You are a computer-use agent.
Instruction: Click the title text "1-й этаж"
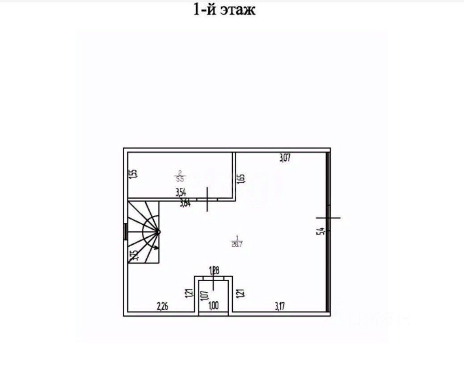224,9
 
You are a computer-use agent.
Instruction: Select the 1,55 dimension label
132,174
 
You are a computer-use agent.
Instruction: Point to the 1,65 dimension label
241,178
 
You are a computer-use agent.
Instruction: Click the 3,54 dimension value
181,192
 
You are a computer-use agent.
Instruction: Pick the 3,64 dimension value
185,204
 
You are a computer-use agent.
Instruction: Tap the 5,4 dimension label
320,231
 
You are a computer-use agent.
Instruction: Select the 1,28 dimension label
215,269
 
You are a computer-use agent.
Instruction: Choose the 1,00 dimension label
214,306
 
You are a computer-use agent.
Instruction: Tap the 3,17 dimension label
280,306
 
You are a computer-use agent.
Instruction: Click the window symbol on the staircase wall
126,231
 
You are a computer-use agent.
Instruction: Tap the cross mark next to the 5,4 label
329,218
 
